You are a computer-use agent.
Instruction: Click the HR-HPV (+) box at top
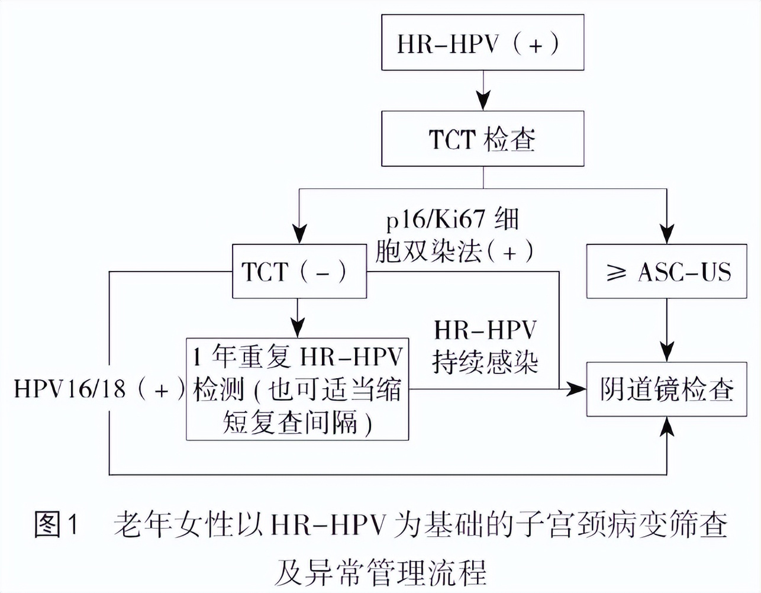click(x=482, y=43)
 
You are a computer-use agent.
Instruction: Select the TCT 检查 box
click(x=482, y=139)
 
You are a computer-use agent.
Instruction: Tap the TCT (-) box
click(x=299, y=271)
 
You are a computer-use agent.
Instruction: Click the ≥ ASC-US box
click(x=666, y=271)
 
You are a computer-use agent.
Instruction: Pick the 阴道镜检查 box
click(x=666, y=389)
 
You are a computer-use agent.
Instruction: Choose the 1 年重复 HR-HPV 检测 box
click(x=297, y=389)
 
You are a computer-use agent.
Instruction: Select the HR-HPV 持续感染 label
click(x=485, y=346)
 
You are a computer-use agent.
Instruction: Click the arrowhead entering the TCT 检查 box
click(x=483, y=102)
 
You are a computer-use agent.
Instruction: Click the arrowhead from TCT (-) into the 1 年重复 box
click(x=298, y=328)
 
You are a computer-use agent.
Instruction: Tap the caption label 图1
click(x=56, y=524)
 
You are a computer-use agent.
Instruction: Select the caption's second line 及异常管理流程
click(x=380, y=572)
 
